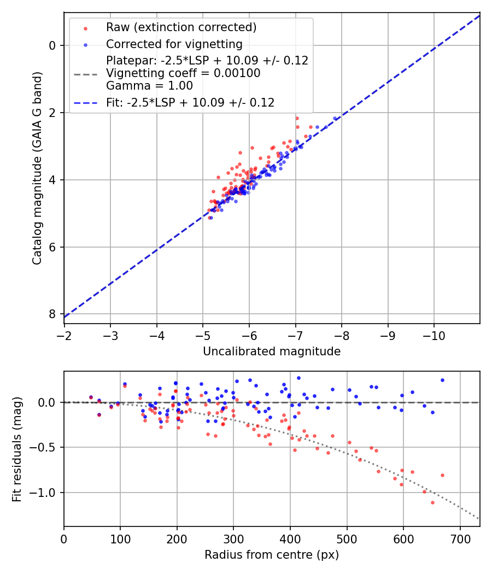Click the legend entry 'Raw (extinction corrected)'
[x=181, y=27]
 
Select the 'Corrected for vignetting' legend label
[x=174, y=44]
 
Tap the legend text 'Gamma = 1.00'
[x=149, y=85]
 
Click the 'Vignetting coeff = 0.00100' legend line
[x=183, y=73]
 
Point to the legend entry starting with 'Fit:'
[x=190, y=102]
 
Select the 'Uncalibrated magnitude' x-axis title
[x=272, y=352]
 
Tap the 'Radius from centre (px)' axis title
[x=272, y=555]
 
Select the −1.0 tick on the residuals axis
[x=46, y=493]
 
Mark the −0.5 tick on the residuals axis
[x=46, y=447]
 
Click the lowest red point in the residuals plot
[x=432, y=502]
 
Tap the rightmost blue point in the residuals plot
[x=442, y=380]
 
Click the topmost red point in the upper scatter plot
[x=297, y=118]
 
